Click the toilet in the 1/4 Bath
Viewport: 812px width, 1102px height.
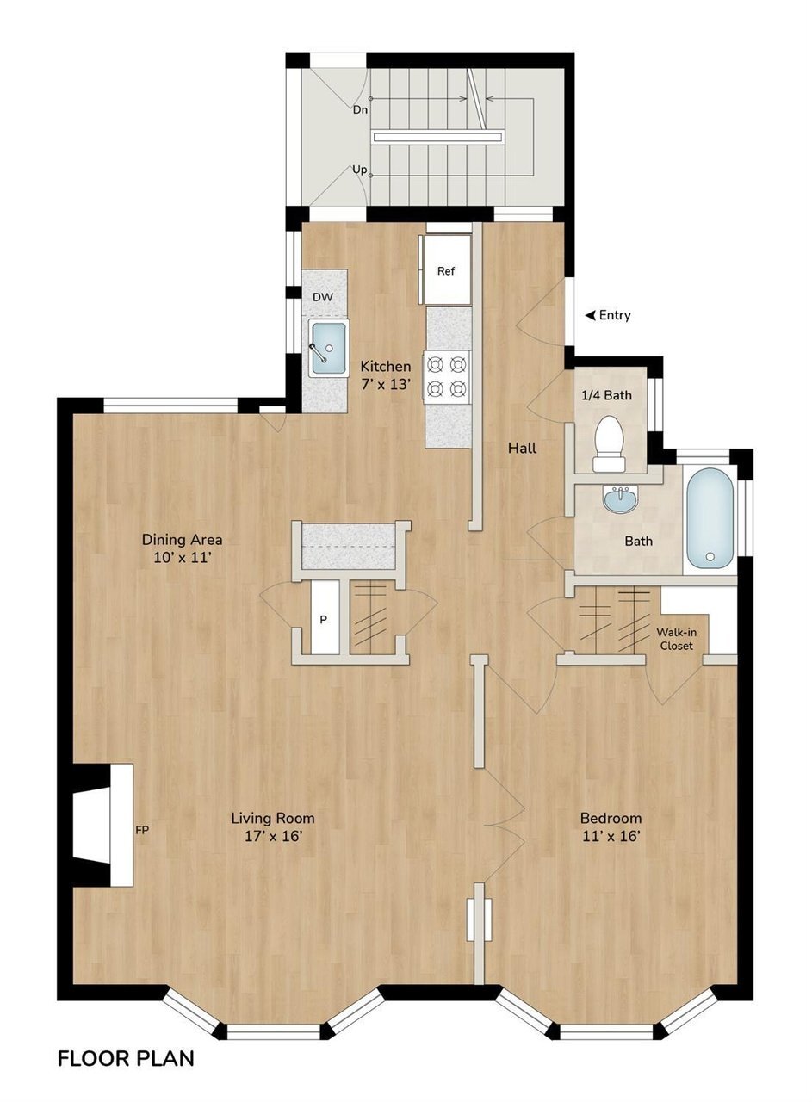610,443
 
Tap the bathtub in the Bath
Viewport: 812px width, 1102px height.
710,518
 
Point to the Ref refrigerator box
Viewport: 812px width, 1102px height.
445,270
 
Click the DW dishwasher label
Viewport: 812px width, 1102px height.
323,297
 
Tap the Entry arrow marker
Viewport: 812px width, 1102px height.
590,315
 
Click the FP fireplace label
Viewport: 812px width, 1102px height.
142,831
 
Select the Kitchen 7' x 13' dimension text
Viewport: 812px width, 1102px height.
385,385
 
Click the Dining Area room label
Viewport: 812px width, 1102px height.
182,540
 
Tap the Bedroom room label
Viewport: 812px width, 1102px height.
611,818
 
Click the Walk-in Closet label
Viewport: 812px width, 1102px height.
676,639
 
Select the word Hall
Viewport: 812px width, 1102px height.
522,448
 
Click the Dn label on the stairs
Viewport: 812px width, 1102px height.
360,110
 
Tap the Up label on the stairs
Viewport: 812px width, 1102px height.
359,170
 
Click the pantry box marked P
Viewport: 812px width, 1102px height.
325,618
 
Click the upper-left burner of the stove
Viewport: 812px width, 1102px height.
436,365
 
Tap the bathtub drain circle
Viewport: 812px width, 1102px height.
710,556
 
